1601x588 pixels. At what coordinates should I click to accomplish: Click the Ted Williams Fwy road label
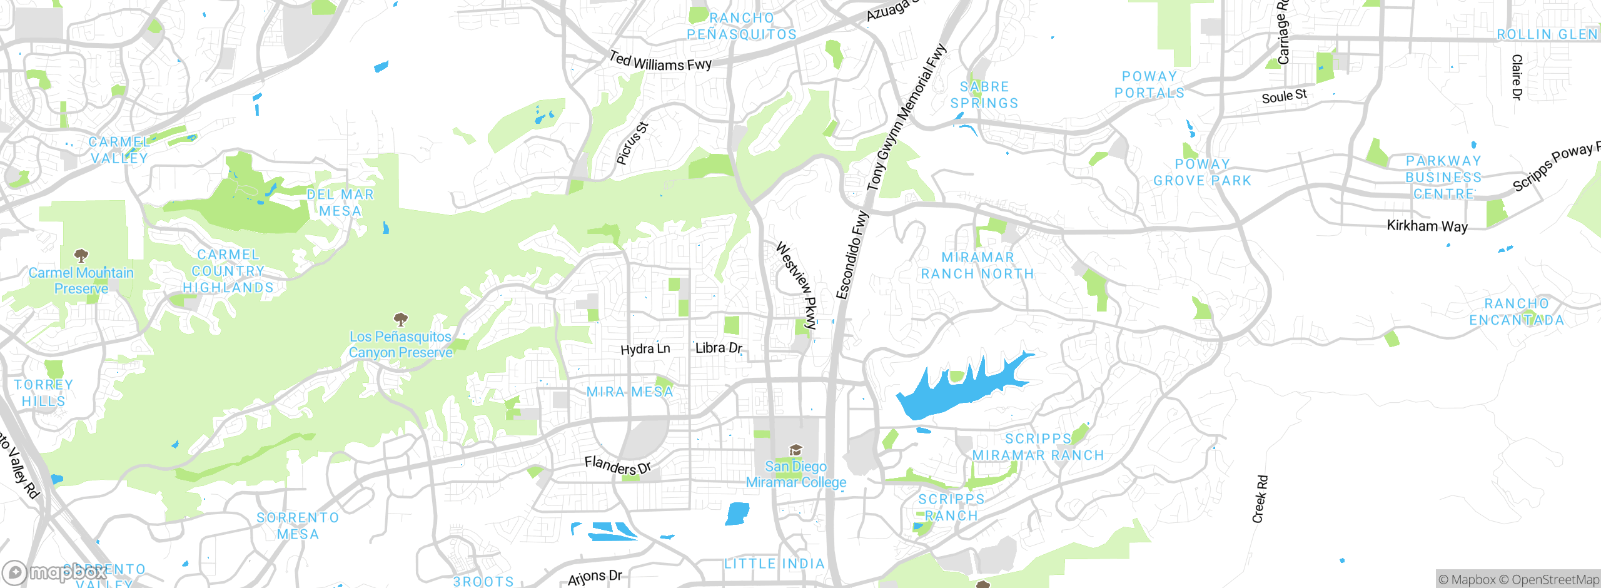pyautogui.click(x=660, y=61)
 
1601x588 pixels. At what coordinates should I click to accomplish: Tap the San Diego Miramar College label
pyautogui.click(x=795, y=474)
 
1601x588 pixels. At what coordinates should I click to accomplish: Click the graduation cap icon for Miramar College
pyautogui.click(x=795, y=450)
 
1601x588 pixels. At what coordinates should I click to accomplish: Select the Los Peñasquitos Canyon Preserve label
pyautogui.click(x=400, y=345)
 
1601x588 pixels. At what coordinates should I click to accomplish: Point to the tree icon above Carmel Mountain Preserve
pyautogui.click(x=81, y=255)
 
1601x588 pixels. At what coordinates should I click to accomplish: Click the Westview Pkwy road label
pyautogui.click(x=797, y=285)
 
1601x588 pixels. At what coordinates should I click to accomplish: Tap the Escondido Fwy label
pyautogui.click(x=852, y=255)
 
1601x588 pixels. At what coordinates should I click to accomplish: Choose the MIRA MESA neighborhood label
pyautogui.click(x=630, y=392)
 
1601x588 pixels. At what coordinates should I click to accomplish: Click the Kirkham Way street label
pyautogui.click(x=1427, y=226)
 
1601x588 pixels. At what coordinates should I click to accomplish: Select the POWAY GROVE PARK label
pyautogui.click(x=1202, y=172)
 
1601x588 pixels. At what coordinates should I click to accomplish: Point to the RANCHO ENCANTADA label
pyautogui.click(x=1517, y=312)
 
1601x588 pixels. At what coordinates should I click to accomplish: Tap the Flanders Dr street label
pyautogui.click(x=617, y=465)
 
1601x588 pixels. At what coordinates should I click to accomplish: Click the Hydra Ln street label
pyautogui.click(x=645, y=349)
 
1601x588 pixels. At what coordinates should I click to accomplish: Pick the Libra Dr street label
pyautogui.click(x=719, y=348)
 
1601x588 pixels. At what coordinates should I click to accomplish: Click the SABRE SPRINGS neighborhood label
pyautogui.click(x=984, y=95)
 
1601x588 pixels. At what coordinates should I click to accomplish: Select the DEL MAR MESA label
pyautogui.click(x=340, y=203)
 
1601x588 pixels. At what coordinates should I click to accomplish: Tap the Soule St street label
pyautogui.click(x=1284, y=96)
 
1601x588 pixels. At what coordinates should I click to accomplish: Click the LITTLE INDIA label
pyautogui.click(x=774, y=564)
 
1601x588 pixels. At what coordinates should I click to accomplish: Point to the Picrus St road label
pyautogui.click(x=632, y=144)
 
